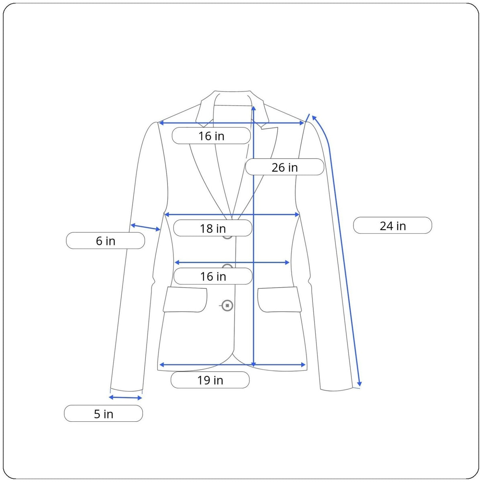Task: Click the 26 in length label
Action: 284,167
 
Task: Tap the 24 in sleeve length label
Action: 392,226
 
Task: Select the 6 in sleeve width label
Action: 105,241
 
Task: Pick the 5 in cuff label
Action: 103,414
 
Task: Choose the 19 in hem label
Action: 210,380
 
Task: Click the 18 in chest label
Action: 212,229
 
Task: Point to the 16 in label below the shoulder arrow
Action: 211,136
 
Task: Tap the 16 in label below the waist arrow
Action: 213,276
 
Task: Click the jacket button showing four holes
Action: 227,306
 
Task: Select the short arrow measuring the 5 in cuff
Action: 125,398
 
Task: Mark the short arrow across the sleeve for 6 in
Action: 145,227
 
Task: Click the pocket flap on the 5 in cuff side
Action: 185,300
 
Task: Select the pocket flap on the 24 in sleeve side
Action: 279,300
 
